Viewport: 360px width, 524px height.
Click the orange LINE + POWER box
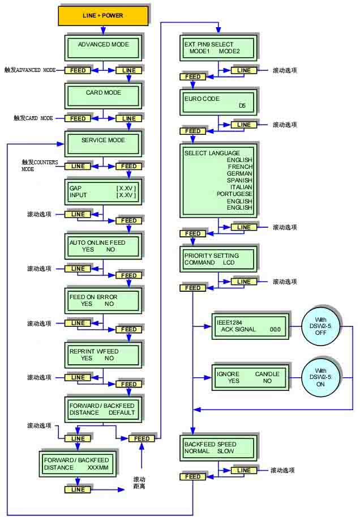pyautogui.click(x=103, y=15)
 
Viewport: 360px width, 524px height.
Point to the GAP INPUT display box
pyautogui.click(x=103, y=192)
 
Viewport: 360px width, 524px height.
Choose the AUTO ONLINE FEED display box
pyautogui.click(x=103, y=246)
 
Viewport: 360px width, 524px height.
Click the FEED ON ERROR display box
pyautogui.click(x=103, y=300)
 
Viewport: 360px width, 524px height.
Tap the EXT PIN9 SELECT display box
pyautogui.click(x=218, y=49)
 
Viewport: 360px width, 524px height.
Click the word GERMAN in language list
pyautogui.click(x=239, y=174)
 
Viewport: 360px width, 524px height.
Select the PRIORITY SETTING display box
pyautogui.click(x=218, y=259)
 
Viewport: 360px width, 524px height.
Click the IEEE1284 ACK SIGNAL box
pyautogui.click(x=250, y=326)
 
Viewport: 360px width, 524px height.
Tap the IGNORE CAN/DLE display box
pyautogui.click(x=250, y=378)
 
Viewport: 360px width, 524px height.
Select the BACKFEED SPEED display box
pyautogui.click(x=218, y=448)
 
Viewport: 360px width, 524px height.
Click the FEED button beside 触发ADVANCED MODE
pyautogui.click(x=78, y=70)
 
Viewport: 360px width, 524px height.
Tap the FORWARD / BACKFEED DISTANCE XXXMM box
pyautogui.click(x=77, y=465)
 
